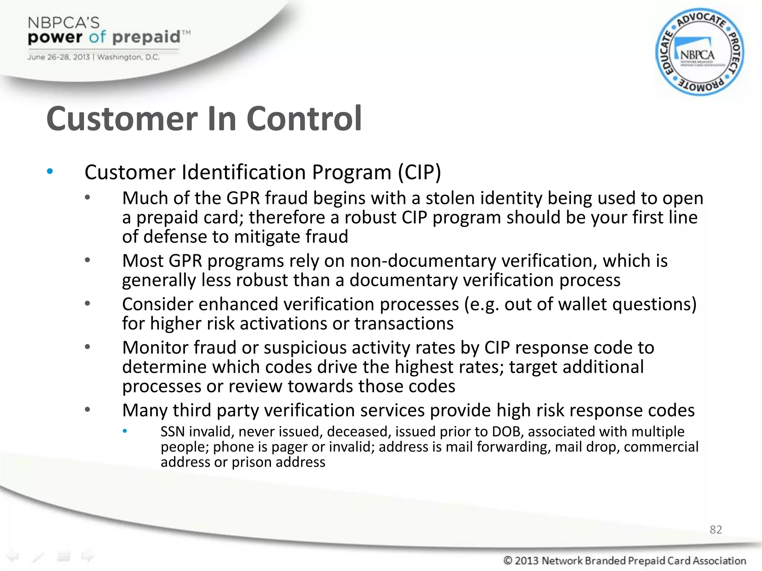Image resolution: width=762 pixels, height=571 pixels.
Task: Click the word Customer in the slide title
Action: (x=121, y=119)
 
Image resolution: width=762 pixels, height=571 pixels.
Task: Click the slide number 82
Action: (x=715, y=529)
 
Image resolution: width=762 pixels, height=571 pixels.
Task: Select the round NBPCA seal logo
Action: (x=699, y=52)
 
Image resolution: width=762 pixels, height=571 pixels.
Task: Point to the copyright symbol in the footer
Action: (x=508, y=560)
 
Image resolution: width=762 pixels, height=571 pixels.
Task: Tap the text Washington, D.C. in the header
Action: (x=128, y=57)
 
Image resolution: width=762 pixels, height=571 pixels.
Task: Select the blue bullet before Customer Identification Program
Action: (x=50, y=171)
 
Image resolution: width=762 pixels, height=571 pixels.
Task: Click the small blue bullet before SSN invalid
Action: (x=125, y=431)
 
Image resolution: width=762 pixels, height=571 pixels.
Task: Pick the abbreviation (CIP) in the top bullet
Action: (x=419, y=172)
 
